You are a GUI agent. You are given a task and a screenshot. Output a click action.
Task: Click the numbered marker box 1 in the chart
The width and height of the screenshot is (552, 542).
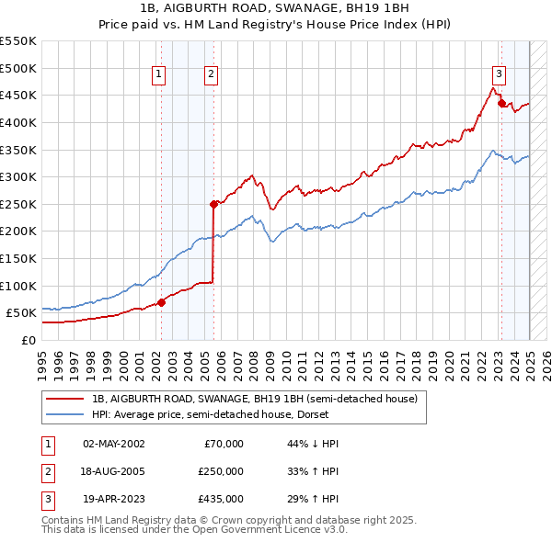point(159,75)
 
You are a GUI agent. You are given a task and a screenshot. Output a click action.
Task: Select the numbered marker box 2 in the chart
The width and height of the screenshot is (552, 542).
point(211,75)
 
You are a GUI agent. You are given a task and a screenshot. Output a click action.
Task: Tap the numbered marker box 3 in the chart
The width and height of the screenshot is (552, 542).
point(499,75)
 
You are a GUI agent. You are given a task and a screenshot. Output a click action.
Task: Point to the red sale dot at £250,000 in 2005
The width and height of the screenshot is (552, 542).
point(213,204)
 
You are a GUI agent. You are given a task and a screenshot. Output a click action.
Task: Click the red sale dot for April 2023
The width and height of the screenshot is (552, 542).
point(501,104)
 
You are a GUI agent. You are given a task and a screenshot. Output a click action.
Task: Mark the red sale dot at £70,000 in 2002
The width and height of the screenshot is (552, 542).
point(161,301)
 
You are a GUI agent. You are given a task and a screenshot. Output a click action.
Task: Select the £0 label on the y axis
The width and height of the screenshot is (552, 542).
point(28,340)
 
